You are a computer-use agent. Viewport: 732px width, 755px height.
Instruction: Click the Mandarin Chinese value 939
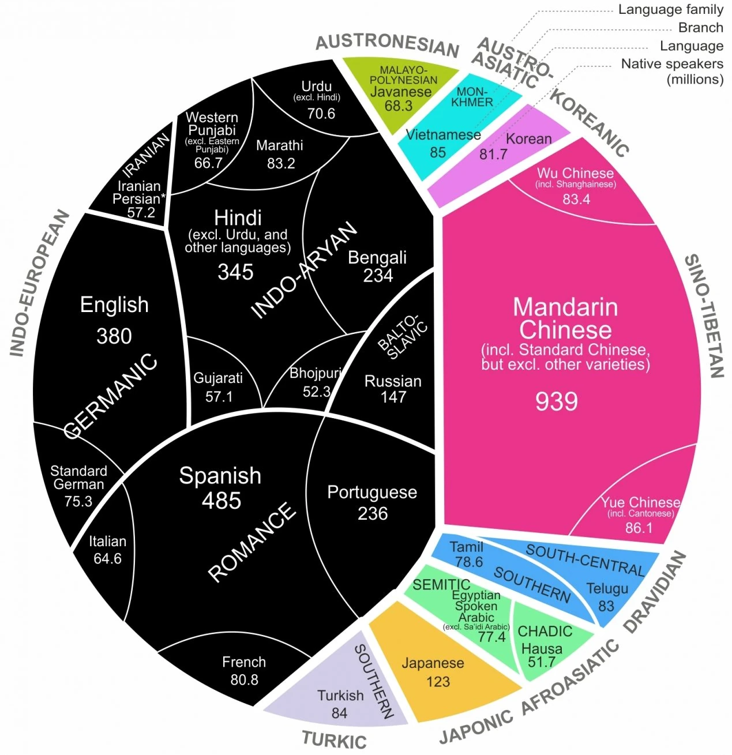point(556,401)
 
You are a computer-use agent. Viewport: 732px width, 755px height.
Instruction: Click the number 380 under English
point(114,336)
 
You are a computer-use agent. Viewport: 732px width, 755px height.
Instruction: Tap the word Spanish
point(220,476)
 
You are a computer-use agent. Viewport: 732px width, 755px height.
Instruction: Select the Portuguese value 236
point(373,513)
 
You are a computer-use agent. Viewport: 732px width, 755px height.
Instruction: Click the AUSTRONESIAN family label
point(387,44)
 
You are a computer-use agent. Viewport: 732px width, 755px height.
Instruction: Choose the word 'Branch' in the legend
point(700,28)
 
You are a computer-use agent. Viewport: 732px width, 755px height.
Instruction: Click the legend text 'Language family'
point(670,9)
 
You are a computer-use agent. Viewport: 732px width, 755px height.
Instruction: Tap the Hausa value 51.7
point(541,662)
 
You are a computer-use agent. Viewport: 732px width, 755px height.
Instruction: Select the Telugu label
point(607,589)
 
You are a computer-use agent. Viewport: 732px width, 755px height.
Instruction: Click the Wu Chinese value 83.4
point(576,199)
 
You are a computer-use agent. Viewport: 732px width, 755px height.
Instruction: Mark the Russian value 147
point(393,397)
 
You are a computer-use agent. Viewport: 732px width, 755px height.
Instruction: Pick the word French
point(244,662)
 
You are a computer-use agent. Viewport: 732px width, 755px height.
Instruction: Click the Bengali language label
point(377,257)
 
